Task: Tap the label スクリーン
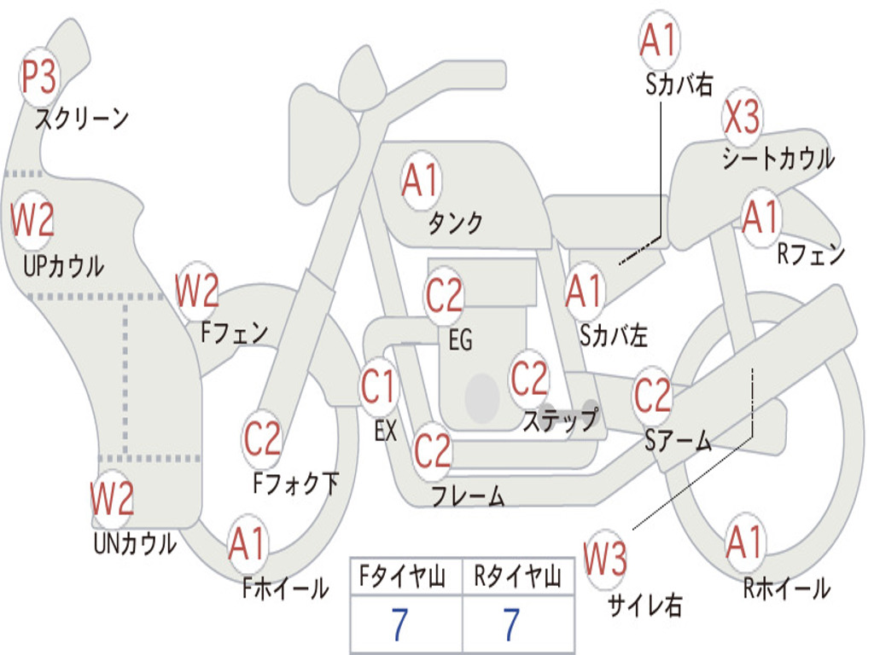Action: [82, 119]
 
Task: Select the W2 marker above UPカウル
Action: [32, 220]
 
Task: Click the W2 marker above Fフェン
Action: [197, 291]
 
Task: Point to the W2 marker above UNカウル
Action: [113, 499]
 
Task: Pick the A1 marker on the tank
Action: [420, 181]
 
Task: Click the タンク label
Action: [456, 223]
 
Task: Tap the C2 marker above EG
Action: [444, 296]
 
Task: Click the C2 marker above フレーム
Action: [432, 449]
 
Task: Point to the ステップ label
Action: [560, 420]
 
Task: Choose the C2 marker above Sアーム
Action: [653, 396]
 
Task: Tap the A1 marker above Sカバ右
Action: [658, 40]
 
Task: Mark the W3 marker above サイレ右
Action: [605, 559]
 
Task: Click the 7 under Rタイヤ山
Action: [510, 626]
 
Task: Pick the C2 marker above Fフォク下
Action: [262, 439]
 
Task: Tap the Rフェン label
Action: [810, 254]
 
